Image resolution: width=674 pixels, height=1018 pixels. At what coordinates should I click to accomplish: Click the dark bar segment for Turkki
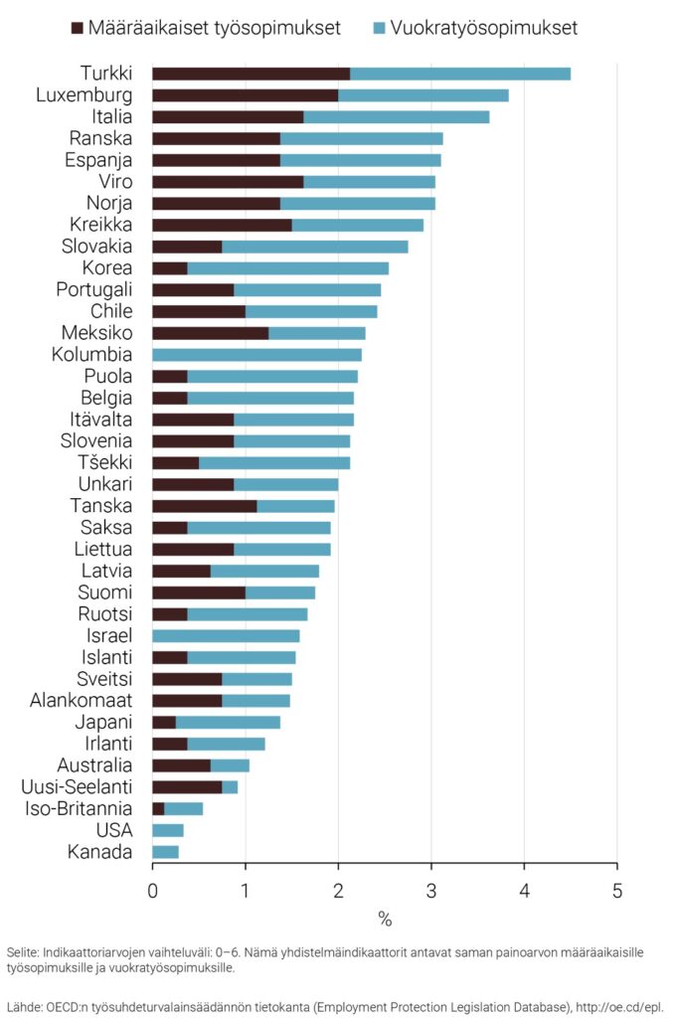(251, 74)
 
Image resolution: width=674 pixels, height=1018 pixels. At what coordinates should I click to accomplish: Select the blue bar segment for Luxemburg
(422, 95)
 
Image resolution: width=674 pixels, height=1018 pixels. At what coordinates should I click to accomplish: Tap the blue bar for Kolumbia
(256, 355)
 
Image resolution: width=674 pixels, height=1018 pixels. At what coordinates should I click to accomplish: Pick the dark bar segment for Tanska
(204, 505)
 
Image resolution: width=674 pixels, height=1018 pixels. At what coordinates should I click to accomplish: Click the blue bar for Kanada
(165, 852)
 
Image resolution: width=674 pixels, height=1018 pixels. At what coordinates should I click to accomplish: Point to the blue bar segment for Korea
(287, 268)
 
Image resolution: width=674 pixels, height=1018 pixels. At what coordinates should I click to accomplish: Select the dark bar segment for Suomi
(198, 593)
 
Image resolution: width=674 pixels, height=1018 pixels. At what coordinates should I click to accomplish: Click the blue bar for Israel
(226, 635)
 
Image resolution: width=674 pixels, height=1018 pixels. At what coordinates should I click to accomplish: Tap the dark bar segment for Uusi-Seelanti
(187, 787)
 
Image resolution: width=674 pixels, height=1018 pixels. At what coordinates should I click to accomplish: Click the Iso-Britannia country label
(79, 808)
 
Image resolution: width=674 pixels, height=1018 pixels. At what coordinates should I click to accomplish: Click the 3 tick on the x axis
(431, 890)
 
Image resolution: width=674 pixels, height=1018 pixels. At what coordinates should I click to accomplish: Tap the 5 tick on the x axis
(617, 890)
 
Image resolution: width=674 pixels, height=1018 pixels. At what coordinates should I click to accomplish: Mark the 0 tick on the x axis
(152, 890)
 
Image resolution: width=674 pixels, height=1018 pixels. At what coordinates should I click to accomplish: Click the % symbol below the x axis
(385, 918)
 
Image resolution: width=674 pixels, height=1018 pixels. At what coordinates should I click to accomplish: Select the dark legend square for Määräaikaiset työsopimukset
(79, 28)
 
